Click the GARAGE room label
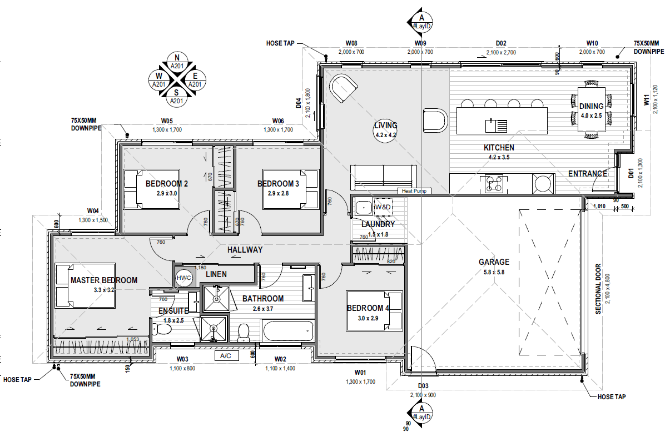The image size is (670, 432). [494, 262]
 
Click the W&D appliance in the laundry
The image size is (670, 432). [383, 207]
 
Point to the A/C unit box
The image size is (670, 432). [226, 355]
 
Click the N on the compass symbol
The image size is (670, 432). [177, 58]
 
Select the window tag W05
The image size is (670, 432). [167, 121]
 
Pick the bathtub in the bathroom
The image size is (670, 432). [288, 331]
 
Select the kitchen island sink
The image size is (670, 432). [496, 125]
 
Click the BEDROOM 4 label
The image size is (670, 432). [365, 308]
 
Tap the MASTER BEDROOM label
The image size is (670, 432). [103, 280]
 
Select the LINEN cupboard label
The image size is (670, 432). [216, 274]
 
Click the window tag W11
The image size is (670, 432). [646, 101]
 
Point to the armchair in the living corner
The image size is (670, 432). [343, 88]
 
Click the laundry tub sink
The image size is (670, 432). [363, 208]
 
